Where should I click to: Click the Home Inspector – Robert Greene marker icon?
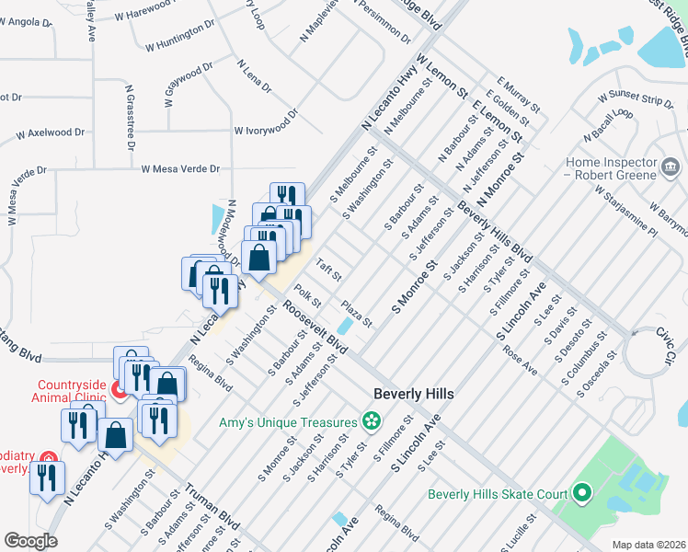pyautogui.click(x=671, y=167)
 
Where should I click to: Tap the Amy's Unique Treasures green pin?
pyautogui.click(x=371, y=422)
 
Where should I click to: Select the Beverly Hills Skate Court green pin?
pyautogui.click(x=580, y=494)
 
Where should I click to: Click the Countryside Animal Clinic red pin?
pyautogui.click(x=120, y=391)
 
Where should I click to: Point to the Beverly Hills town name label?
pyautogui.click(x=414, y=394)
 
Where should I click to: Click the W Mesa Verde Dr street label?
pyautogui.click(x=180, y=169)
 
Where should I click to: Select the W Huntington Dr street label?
pyautogui.click(x=180, y=34)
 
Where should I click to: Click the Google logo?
pyautogui.click(x=30, y=540)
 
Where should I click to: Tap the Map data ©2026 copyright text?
pyautogui.click(x=649, y=545)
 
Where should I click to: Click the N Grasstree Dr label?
pyautogui.click(x=131, y=117)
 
